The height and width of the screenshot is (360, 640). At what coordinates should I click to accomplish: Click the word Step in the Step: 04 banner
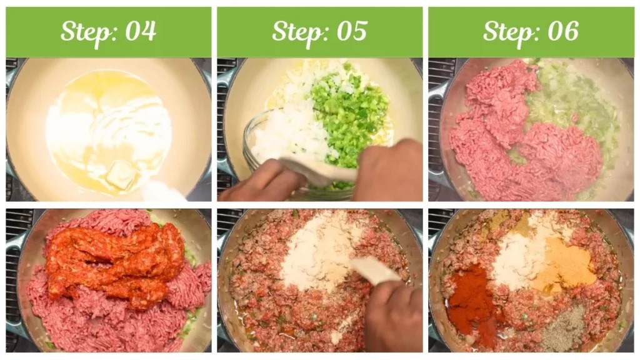tap(86, 31)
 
